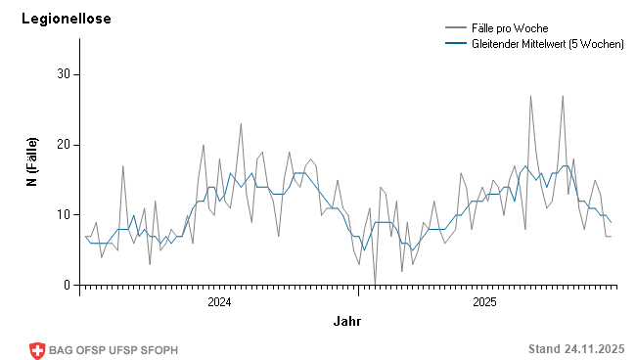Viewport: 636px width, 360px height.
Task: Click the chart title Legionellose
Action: pyautogui.click(x=67, y=19)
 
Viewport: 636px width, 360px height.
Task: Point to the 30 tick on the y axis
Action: pyautogui.click(x=63, y=74)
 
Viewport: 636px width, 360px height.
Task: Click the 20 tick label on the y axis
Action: pyautogui.click(x=63, y=145)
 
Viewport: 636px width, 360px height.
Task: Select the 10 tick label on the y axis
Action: pyautogui.click(x=63, y=215)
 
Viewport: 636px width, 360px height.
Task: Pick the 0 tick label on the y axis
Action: pyautogui.click(x=67, y=286)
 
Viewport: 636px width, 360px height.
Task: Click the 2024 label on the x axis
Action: pyautogui.click(x=219, y=302)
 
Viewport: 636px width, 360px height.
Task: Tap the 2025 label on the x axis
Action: pyautogui.click(x=485, y=302)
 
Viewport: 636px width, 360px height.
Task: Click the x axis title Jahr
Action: pyautogui.click(x=346, y=321)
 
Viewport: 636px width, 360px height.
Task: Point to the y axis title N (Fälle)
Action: pyautogui.click(x=32, y=162)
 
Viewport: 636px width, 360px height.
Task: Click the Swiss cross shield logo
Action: pyautogui.click(x=37, y=349)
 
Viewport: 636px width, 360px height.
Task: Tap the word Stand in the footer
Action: pyautogui.click(x=543, y=349)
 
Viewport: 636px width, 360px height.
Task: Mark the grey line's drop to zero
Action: pyautogui.click(x=375, y=285)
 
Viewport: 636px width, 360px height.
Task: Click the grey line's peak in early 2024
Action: pyautogui.click(x=241, y=124)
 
